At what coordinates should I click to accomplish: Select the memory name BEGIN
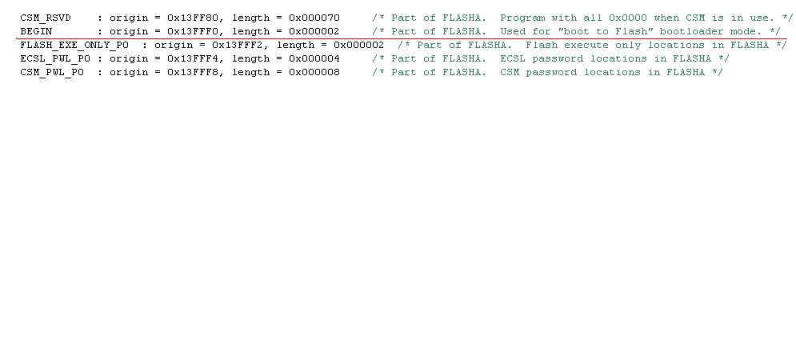point(36,31)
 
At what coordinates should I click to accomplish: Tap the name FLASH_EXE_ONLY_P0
point(74,45)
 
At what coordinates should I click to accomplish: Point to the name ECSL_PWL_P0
point(55,58)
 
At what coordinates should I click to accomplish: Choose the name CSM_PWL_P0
point(52,72)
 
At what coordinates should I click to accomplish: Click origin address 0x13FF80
point(193,18)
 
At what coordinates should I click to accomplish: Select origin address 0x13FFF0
point(193,31)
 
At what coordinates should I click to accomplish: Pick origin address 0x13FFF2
point(238,45)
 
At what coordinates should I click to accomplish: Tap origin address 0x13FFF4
point(193,58)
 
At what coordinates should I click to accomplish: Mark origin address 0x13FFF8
point(193,72)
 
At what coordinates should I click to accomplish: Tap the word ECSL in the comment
point(513,58)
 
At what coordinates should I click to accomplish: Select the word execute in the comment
point(586,45)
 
